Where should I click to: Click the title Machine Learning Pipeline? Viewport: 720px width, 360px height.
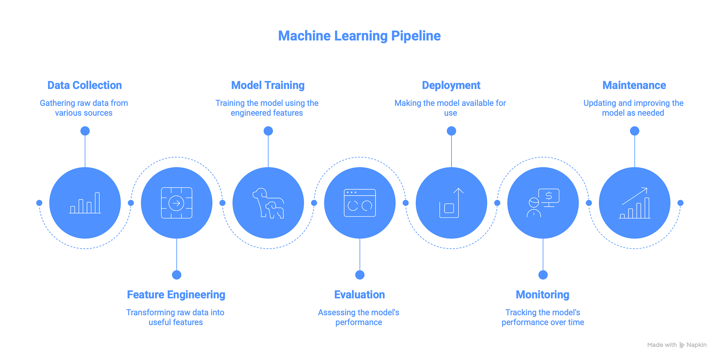click(x=359, y=36)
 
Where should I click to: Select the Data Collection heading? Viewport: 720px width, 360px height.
click(x=85, y=85)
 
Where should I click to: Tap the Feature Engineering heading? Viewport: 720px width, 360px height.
click(x=176, y=295)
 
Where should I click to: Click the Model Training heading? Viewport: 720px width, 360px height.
click(x=268, y=85)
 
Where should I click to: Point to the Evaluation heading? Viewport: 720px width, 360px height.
click(x=359, y=295)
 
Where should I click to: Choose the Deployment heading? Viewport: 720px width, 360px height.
click(x=451, y=85)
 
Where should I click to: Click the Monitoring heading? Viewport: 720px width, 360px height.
click(x=542, y=295)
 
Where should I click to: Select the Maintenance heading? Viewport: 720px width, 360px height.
click(x=634, y=85)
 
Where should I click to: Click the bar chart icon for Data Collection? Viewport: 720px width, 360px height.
click(x=85, y=203)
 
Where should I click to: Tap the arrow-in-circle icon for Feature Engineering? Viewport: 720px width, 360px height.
click(x=176, y=203)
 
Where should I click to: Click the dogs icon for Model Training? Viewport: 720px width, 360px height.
click(x=268, y=203)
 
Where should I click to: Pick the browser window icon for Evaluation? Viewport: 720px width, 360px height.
click(x=360, y=203)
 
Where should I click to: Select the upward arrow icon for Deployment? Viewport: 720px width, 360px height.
click(x=451, y=203)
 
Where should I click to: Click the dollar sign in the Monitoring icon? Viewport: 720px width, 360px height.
click(x=549, y=196)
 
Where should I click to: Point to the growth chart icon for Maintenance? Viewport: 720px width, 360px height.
click(x=634, y=203)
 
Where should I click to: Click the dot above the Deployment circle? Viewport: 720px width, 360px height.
click(x=451, y=131)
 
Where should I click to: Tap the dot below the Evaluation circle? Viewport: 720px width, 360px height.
click(x=360, y=275)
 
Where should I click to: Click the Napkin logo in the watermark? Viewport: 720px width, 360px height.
click(x=682, y=345)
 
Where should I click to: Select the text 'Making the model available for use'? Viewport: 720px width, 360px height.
click(x=450, y=108)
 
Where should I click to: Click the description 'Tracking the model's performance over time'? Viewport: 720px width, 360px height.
click(x=543, y=317)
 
